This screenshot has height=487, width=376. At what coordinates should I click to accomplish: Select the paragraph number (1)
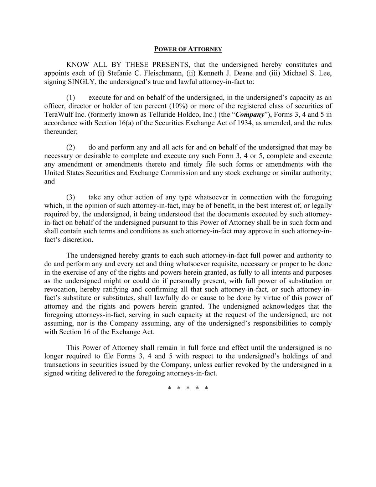pyautogui.click(x=71, y=98)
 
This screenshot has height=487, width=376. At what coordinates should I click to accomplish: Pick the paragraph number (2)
pyautogui.click(x=71, y=147)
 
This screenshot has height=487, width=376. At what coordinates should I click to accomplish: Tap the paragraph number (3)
pyautogui.click(x=71, y=197)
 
